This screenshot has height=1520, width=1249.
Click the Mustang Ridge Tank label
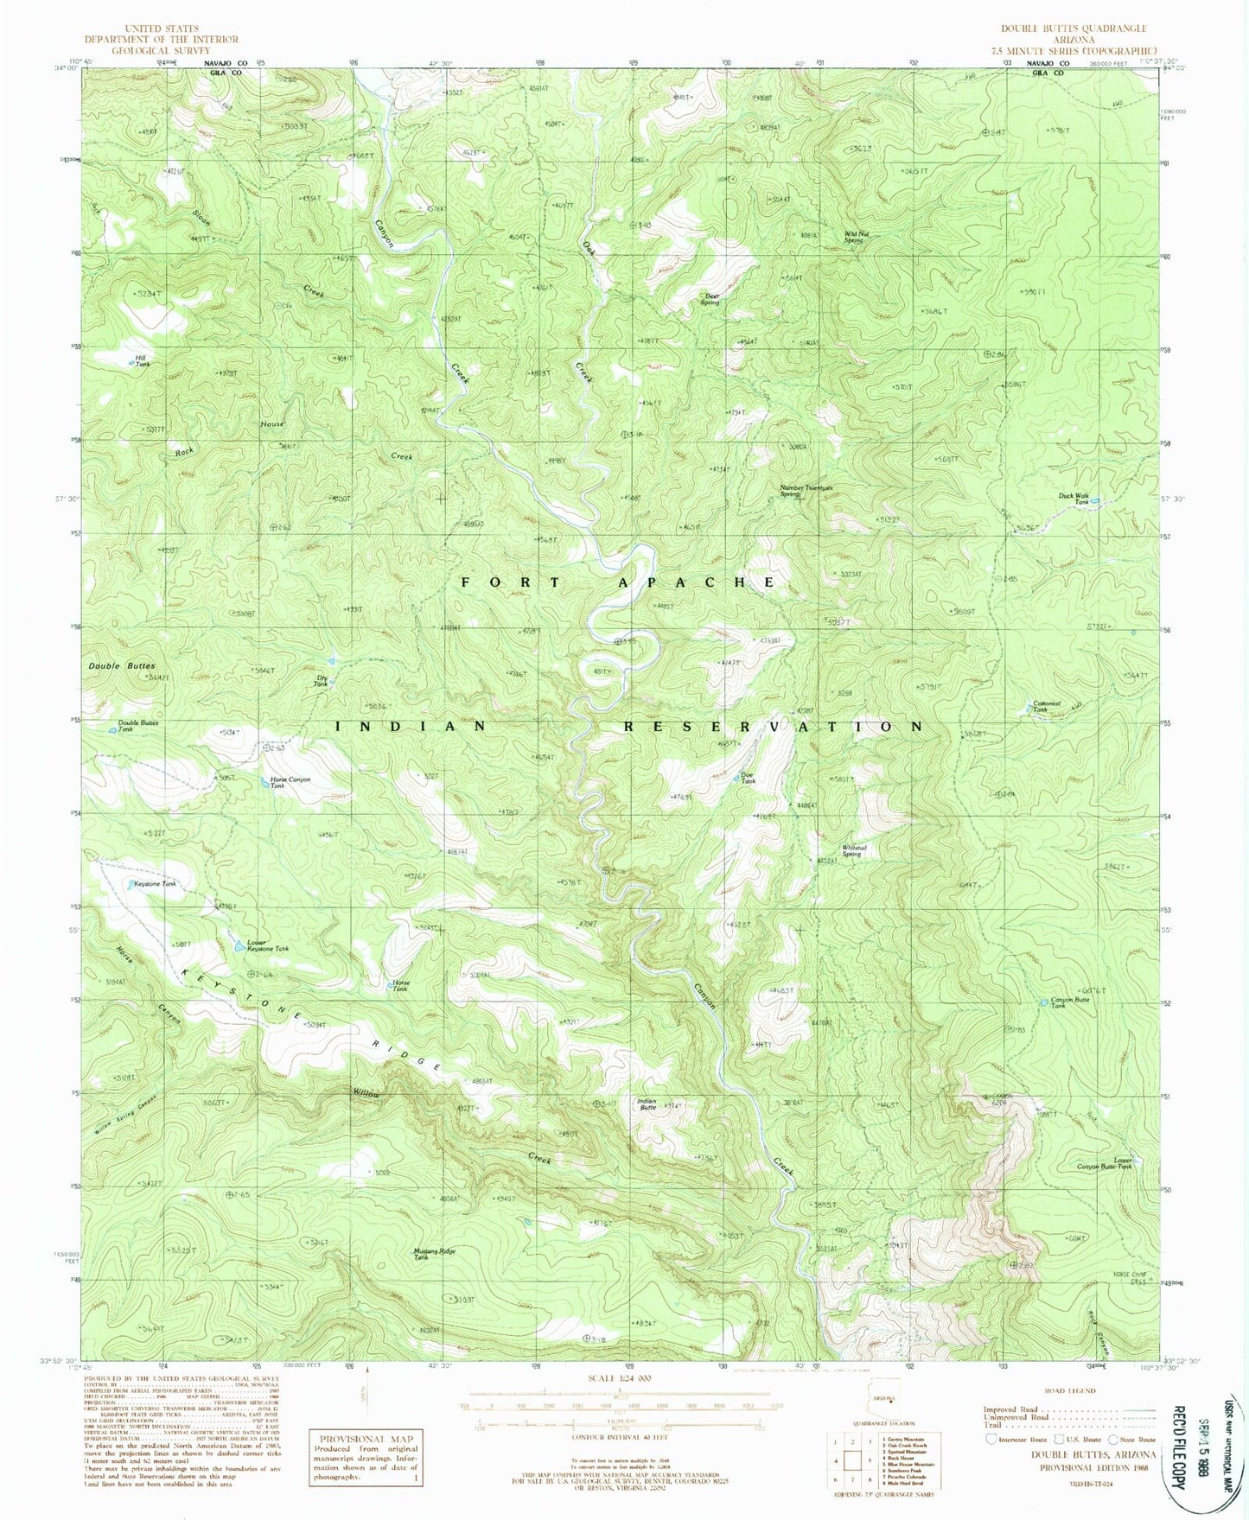click(x=434, y=1254)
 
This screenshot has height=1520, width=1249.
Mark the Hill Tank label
click(x=142, y=361)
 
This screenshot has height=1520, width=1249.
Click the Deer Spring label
click(x=711, y=299)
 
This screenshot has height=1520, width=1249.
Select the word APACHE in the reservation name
click(x=696, y=582)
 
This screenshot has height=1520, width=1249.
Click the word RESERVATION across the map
click(x=774, y=727)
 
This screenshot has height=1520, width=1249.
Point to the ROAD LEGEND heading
click(x=1070, y=1390)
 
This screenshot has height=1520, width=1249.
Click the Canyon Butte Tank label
click(x=1069, y=1002)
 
